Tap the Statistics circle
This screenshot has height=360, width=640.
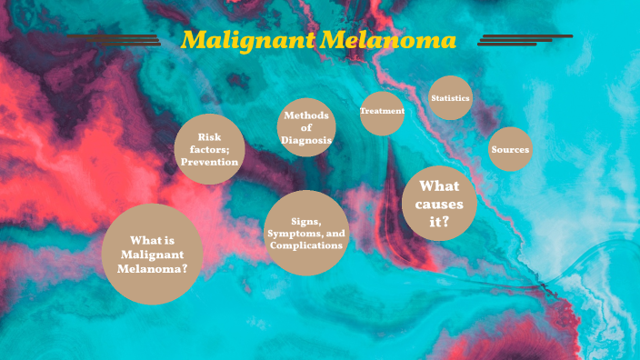[450, 98]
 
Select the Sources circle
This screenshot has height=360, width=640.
[510, 149]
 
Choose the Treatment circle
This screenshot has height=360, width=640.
[382, 112]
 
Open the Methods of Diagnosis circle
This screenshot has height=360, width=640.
[306, 127]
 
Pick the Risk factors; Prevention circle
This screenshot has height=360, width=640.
[210, 149]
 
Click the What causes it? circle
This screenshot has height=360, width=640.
[440, 204]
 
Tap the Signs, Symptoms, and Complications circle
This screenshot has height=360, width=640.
[306, 234]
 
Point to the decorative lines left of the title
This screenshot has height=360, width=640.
[114, 39]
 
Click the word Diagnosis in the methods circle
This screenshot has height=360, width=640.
[306, 141]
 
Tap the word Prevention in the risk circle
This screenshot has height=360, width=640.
[210, 162]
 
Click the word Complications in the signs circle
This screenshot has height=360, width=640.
[306, 245]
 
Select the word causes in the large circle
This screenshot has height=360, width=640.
[440, 204]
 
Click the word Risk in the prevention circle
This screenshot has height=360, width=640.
[210, 136]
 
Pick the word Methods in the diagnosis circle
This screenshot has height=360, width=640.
[306, 115]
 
